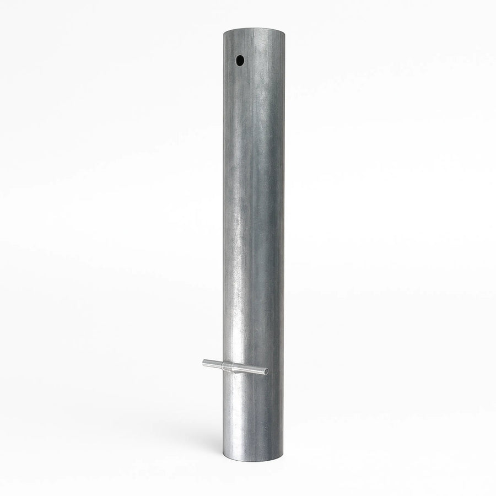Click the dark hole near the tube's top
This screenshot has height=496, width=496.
pyautogui.click(x=240, y=60)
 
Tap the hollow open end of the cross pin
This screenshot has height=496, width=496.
pyautogui.click(x=268, y=372)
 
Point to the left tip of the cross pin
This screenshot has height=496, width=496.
pyautogui.click(x=204, y=362)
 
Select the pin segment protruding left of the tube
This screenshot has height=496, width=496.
pyautogui.click(x=212, y=363)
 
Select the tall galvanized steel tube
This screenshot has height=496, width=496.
pyautogui.click(x=254, y=220)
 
